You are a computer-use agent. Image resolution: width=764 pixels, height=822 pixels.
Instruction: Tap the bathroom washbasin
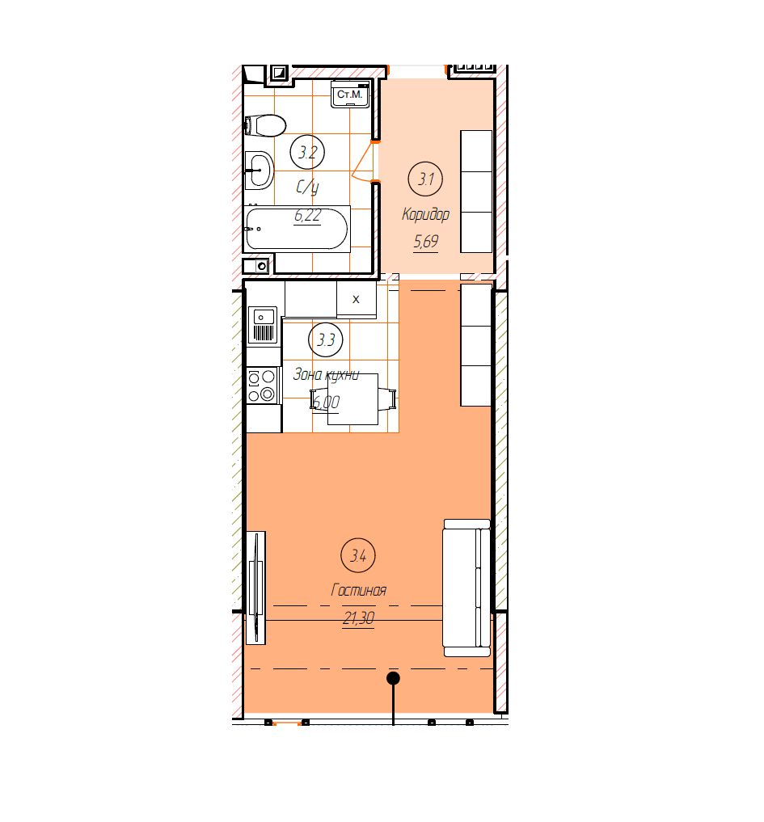point(259,170)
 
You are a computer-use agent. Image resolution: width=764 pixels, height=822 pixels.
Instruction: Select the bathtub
point(297,229)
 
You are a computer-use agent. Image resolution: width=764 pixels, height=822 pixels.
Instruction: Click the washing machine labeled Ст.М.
point(350,95)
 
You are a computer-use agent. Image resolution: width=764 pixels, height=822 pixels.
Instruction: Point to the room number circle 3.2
point(307,152)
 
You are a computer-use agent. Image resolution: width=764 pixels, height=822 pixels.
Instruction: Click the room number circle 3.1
point(425,179)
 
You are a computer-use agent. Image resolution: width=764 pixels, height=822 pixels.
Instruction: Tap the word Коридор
point(425,214)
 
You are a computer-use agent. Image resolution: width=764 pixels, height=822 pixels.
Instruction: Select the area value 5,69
point(426,242)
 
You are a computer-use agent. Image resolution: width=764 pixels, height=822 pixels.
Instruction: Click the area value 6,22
point(307,216)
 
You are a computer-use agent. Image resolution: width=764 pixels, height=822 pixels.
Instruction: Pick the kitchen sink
point(264,324)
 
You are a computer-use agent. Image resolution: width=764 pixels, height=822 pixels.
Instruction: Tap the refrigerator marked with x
point(356,299)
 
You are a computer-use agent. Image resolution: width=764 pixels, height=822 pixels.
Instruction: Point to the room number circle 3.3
point(326,339)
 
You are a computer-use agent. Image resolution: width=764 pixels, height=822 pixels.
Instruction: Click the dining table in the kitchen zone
point(353,399)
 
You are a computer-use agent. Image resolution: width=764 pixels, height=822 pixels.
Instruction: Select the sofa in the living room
point(466,588)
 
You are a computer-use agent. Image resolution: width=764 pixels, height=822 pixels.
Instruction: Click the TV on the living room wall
point(256,588)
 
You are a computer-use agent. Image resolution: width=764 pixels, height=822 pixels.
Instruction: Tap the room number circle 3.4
point(358,555)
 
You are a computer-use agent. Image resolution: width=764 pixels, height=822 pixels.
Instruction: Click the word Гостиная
point(359,590)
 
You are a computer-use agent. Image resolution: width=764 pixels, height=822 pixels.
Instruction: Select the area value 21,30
point(359,618)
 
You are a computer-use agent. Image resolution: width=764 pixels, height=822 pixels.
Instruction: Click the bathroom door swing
point(362,162)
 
